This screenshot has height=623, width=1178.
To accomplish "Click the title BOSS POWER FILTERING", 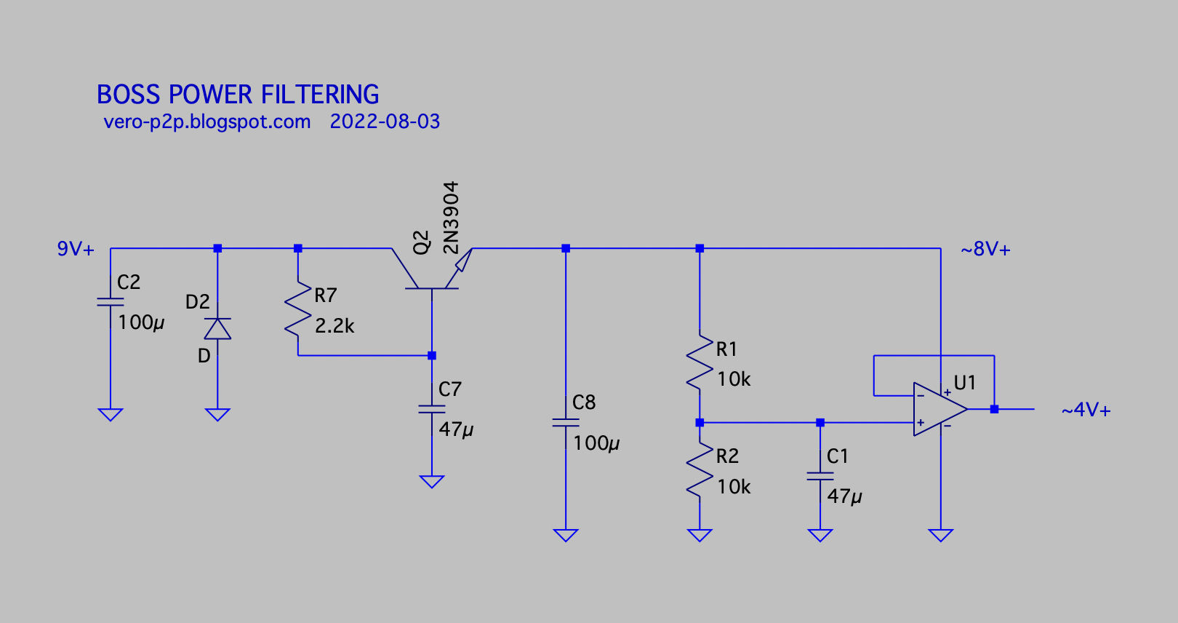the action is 238,95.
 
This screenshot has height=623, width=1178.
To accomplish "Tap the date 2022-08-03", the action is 385,122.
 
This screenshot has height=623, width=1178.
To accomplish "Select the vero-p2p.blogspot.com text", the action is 207,122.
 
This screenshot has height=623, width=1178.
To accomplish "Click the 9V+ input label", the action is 76,249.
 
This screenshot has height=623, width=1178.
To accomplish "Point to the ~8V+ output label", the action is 985,250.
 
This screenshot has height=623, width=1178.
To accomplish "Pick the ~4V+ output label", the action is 1086,410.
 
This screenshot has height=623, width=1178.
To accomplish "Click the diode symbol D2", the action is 217,329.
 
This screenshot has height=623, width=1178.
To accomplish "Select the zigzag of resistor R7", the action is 298,308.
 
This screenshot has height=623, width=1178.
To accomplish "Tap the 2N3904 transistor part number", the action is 452,218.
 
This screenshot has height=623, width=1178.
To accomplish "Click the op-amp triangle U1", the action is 939,409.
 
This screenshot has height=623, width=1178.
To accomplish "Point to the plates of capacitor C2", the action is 111,301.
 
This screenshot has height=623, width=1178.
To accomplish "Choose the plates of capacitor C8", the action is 566,423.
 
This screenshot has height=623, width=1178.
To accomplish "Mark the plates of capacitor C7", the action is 432,409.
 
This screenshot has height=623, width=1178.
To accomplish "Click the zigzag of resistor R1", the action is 700,362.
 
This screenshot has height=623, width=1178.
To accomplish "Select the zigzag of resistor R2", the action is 700,469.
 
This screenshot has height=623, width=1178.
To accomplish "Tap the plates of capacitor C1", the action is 820,476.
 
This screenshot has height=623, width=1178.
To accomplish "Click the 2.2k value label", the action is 334,326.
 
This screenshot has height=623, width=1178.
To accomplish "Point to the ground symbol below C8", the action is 566,535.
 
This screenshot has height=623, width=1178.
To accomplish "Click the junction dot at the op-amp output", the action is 994,409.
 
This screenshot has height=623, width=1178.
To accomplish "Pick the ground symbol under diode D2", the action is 217,415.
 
